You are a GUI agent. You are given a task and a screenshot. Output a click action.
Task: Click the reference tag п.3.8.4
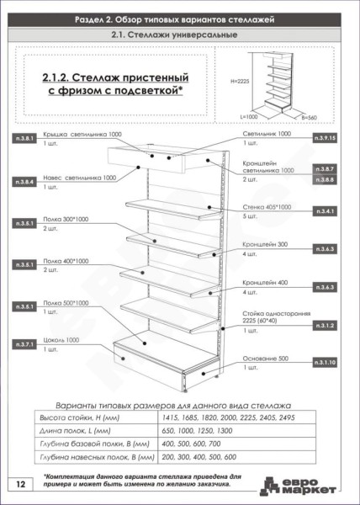tap(26, 181)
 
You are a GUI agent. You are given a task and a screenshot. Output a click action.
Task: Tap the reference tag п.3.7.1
tap(26, 344)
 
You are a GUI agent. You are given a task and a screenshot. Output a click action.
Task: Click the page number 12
tap(19, 485)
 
